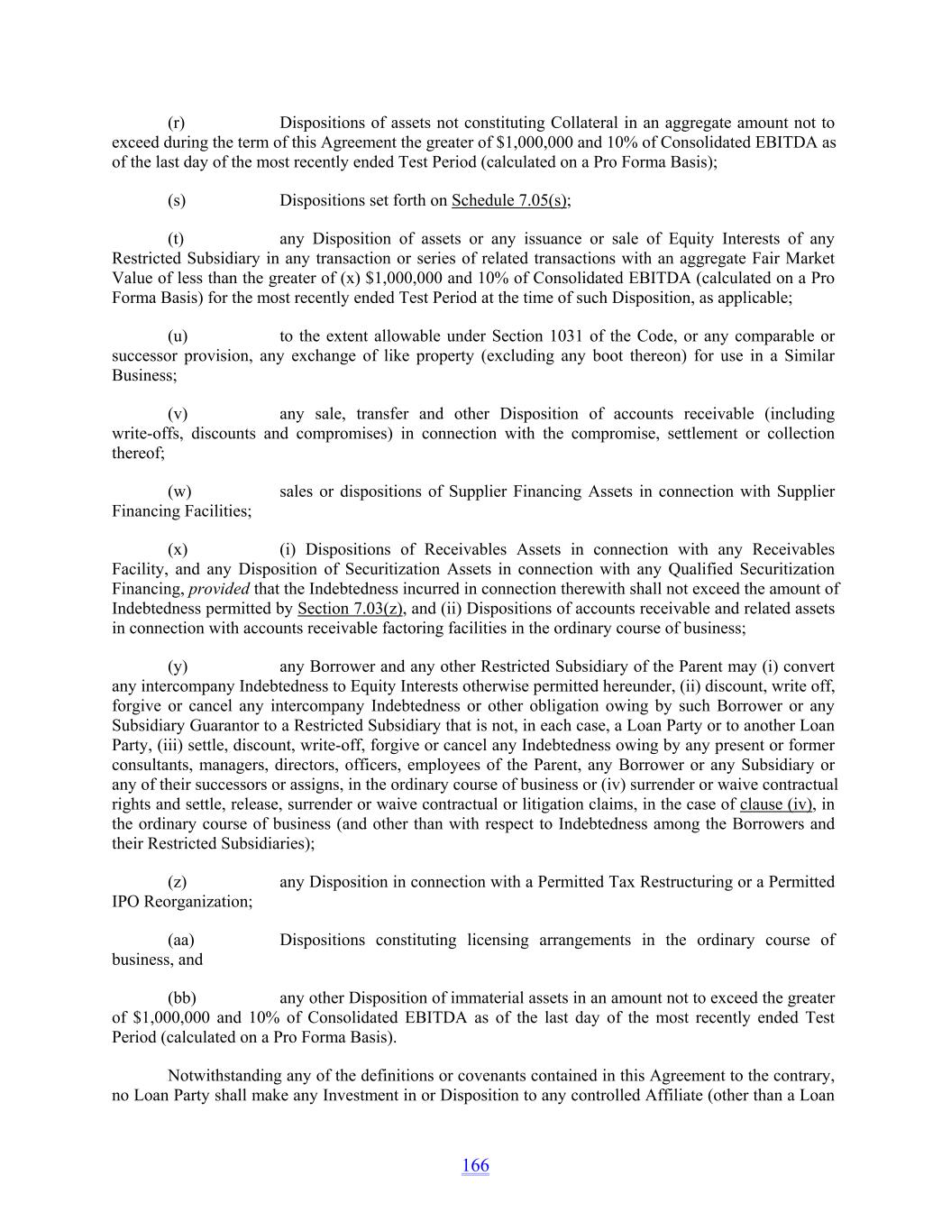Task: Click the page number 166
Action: tap(475, 1165)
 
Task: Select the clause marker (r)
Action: tap(177, 123)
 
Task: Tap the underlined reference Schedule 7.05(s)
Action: tap(509, 200)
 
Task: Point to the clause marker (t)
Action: tap(176, 239)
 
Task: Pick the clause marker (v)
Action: tap(178, 414)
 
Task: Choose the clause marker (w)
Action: tap(179, 491)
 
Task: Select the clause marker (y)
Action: tap(178, 667)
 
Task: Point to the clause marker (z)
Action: tap(177, 882)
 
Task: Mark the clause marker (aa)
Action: tap(180, 940)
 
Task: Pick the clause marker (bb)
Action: tap(181, 998)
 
